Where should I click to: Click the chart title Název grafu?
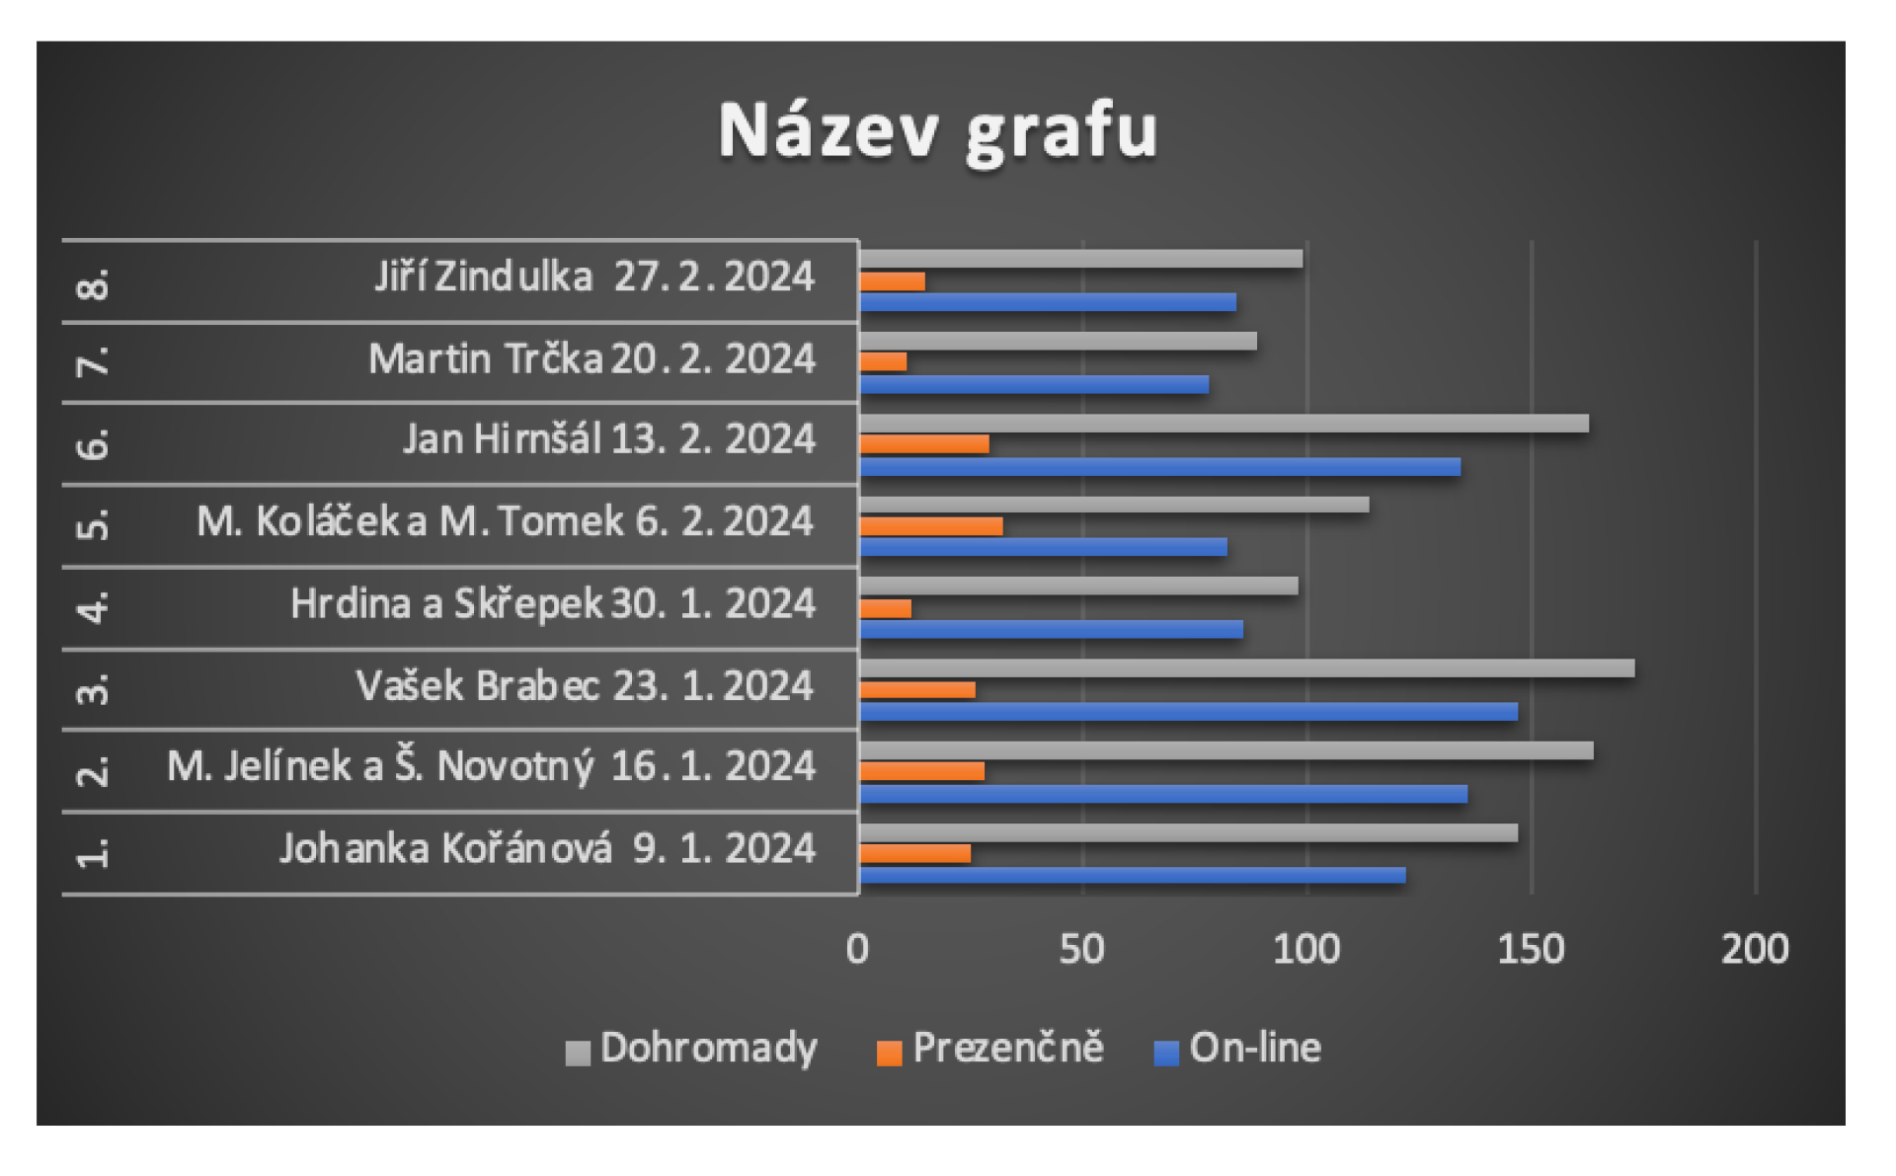click(937, 131)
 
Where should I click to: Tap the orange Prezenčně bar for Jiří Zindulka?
click(892, 281)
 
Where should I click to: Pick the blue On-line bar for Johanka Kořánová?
click(1132, 875)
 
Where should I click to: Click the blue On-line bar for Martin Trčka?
click(1034, 384)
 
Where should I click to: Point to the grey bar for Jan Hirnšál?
click(1224, 424)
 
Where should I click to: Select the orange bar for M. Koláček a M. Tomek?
click(930, 526)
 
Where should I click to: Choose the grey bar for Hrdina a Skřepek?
click(1078, 587)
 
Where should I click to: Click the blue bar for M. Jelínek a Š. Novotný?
click(1162, 794)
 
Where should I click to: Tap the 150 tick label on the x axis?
click(1531, 949)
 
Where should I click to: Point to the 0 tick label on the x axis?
click(857, 949)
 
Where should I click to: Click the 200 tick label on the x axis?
click(1755, 949)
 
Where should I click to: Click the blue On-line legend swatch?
click(1166, 1054)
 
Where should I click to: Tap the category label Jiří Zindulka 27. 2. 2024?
click(594, 276)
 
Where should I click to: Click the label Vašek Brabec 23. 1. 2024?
click(585, 685)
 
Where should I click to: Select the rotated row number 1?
click(93, 852)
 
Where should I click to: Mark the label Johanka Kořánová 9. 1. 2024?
click(547, 848)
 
